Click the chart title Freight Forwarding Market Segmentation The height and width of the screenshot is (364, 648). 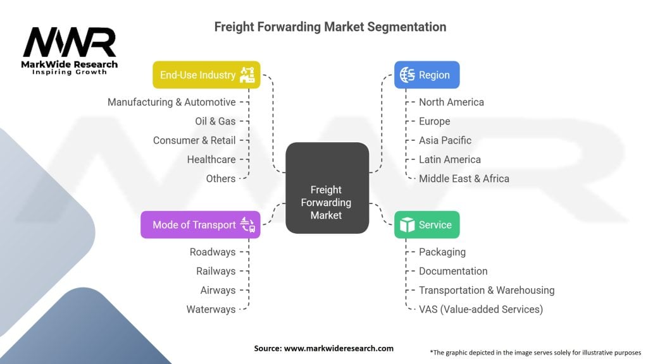pyautogui.click(x=330, y=27)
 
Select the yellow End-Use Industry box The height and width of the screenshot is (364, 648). pyautogui.click(x=206, y=75)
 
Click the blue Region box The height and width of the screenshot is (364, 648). pyautogui.click(x=427, y=75)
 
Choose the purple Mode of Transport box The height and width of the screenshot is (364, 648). pyautogui.click(x=200, y=225)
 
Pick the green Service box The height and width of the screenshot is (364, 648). pyautogui.click(x=427, y=225)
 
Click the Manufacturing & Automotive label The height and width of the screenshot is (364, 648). pyautogui.click(x=171, y=102)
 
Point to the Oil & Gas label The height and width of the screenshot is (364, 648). pyautogui.click(x=215, y=121)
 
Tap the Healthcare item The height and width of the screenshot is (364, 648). pyautogui.click(x=211, y=159)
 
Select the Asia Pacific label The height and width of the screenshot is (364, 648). pyautogui.click(x=445, y=140)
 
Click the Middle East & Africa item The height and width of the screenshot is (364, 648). pyautogui.click(x=464, y=178)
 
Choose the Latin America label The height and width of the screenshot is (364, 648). pyautogui.click(x=449, y=159)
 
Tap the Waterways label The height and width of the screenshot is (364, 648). pyautogui.click(x=211, y=309)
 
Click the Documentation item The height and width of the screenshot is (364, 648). pyautogui.click(x=453, y=271)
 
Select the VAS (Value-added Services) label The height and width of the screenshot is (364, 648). pyautogui.click(x=480, y=309)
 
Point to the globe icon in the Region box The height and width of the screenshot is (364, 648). pyautogui.click(x=407, y=75)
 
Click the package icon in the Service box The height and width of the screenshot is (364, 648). pyautogui.click(x=407, y=225)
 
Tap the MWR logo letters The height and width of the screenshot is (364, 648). pyautogui.click(x=70, y=42)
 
